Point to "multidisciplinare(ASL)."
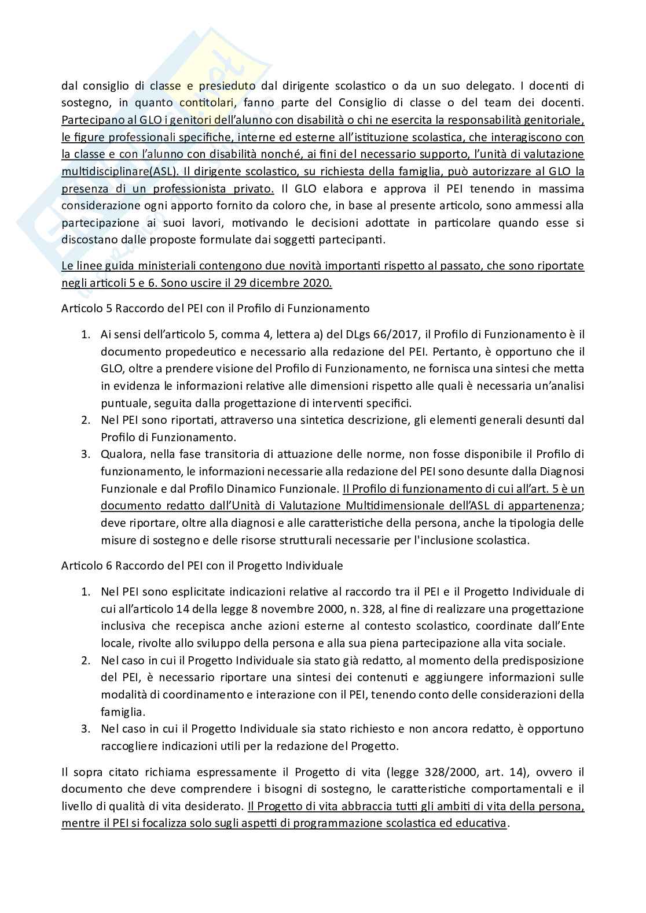click(x=119, y=172)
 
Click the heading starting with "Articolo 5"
click(x=215, y=308)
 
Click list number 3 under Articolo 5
click(x=85, y=454)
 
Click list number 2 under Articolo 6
click(x=85, y=660)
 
